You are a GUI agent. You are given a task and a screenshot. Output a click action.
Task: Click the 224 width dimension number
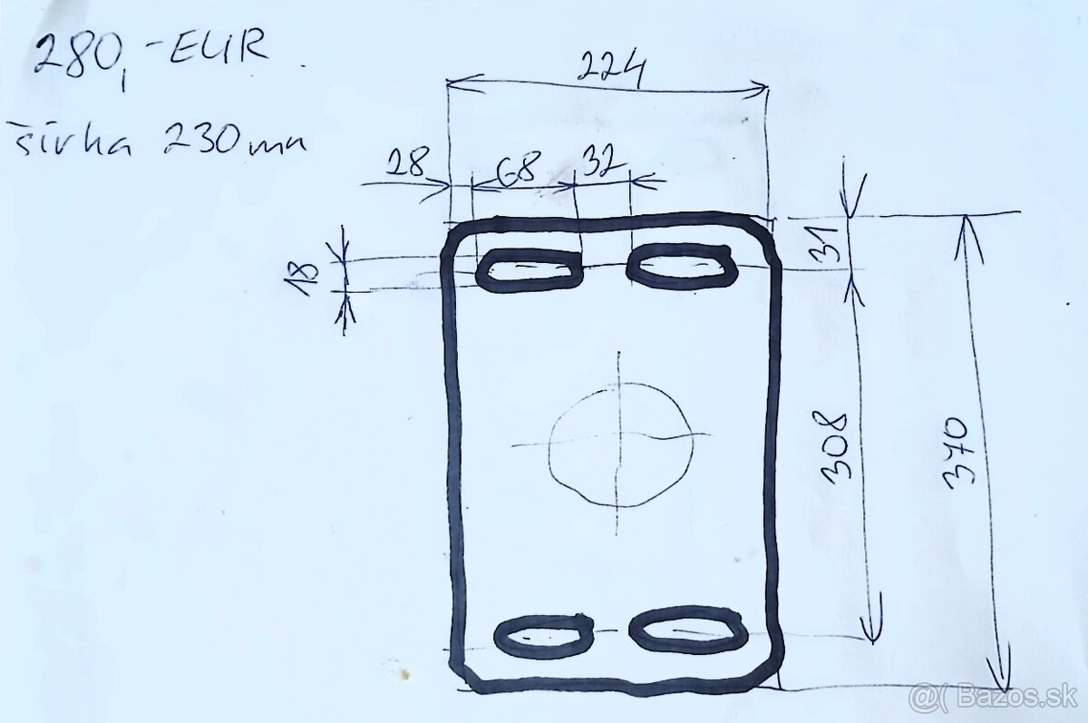click(613, 68)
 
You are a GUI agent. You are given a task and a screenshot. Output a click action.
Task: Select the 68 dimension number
click(518, 166)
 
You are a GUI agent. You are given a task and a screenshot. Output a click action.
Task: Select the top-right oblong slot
click(679, 265)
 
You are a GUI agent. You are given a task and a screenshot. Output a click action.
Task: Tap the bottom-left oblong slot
click(545, 636)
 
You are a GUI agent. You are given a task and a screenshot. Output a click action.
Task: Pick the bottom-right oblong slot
click(689, 629)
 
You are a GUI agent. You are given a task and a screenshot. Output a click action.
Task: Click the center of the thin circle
click(620, 443)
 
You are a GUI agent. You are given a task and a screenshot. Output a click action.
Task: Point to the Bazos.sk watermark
click(993, 696)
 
